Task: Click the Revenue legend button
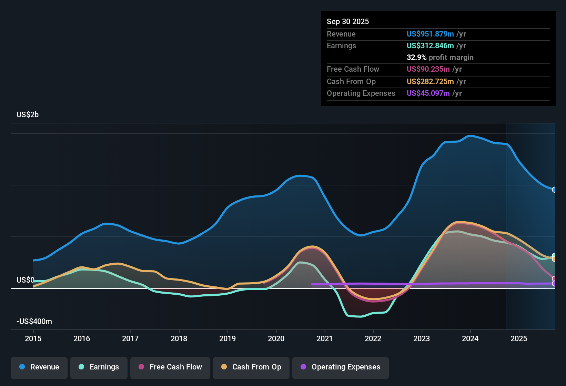[39, 367]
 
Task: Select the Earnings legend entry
[99, 367]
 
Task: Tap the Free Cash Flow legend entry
[170, 367]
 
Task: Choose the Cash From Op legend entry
[251, 367]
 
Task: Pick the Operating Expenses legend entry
[341, 367]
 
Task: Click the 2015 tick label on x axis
[33, 338]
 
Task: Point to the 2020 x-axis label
[276, 338]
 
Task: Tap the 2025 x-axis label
[519, 338]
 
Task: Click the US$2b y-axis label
[28, 115]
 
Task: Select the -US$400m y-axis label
[34, 322]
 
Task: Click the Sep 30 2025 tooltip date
[348, 21]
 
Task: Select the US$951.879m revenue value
[430, 34]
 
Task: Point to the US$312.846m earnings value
[430, 45]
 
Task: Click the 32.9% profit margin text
[440, 57]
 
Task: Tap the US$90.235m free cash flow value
[428, 69]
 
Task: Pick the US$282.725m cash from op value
[430, 81]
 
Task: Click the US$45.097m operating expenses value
[428, 93]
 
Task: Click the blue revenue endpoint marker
[554, 190]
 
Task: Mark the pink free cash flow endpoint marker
[554, 279]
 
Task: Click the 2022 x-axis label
[373, 338]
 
